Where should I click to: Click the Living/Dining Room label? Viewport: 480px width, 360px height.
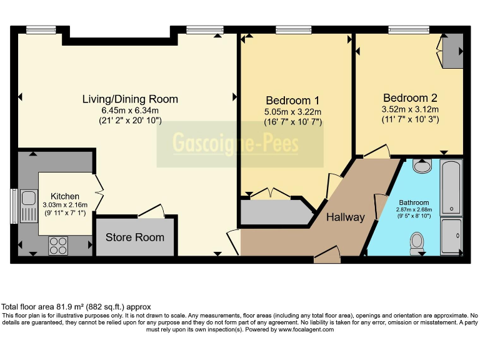[130, 99]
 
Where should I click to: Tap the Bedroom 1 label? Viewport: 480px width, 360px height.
[292, 101]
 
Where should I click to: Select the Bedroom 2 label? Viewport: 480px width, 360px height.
[410, 98]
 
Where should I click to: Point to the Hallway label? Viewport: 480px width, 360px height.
[346, 217]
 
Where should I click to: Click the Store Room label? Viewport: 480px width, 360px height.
[135, 237]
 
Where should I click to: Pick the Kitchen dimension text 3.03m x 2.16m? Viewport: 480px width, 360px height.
[65, 205]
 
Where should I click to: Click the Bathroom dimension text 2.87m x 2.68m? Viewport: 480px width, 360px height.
[414, 210]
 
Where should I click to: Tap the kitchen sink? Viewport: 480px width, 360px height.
[29, 206]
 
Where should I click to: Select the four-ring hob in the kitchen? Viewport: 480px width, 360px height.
[58, 246]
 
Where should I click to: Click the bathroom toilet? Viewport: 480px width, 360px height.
[417, 243]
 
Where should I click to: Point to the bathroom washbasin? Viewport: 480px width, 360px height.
[422, 166]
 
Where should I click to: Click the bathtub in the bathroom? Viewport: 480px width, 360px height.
[451, 187]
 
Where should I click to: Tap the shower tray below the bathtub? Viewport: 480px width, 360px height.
[451, 236]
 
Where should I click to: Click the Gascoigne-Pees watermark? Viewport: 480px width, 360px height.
[236, 143]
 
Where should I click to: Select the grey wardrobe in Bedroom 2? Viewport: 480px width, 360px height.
[453, 51]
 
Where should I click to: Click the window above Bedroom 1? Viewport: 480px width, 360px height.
[294, 30]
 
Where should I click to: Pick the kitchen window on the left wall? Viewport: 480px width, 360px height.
[14, 206]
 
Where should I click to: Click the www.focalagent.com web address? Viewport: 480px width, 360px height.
[306, 330]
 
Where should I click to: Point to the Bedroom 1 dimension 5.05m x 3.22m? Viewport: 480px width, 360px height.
[292, 112]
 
